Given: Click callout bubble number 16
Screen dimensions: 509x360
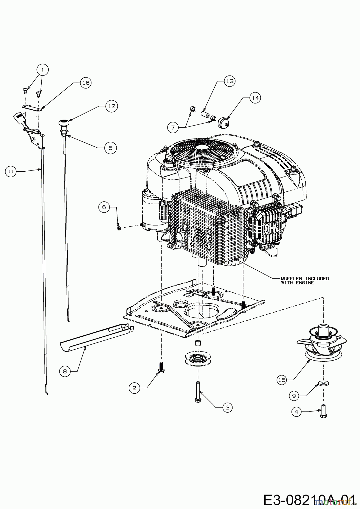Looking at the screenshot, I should [86, 83].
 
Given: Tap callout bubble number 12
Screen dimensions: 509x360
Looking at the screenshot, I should [112, 106].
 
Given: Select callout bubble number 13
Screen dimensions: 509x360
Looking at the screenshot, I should [230, 81].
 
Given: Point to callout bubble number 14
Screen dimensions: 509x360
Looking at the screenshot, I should [255, 98].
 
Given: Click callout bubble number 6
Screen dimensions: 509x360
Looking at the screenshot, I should [104, 207].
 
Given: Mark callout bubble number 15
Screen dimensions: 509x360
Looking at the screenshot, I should [282, 380].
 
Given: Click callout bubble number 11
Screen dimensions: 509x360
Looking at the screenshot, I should [11, 171].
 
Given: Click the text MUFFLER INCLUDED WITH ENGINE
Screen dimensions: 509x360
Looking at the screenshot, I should [305, 281].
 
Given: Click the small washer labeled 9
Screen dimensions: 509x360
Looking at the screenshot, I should [322, 383].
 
